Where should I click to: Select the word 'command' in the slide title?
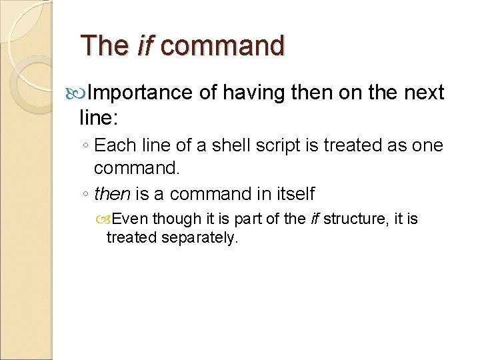222,45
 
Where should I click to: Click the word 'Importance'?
140,93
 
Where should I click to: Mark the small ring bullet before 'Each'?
87,146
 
